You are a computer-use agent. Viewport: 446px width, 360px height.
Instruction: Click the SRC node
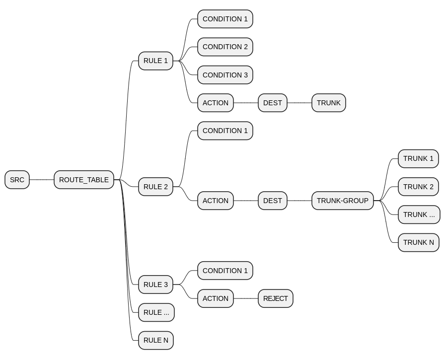(17, 180)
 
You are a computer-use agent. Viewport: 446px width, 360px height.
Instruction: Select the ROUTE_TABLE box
(83, 180)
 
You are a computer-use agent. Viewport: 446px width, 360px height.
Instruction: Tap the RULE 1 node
(155, 61)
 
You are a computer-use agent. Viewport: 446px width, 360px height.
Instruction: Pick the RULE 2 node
(155, 187)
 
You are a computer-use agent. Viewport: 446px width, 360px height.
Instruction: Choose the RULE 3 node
(155, 285)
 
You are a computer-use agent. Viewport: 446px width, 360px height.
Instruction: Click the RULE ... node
(156, 312)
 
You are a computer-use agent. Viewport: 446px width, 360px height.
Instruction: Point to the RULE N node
(155, 340)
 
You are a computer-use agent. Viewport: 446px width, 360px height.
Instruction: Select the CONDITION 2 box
(225, 47)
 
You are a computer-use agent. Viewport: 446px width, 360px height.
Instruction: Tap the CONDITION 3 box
(225, 75)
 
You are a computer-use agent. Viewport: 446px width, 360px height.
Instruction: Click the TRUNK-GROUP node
(342, 201)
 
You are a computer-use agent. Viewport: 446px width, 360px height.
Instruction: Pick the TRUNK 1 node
(418, 159)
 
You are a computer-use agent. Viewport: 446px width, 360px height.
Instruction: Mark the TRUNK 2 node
(418, 187)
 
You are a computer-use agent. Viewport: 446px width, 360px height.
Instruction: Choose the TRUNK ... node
(419, 215)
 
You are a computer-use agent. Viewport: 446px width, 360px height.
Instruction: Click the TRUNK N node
(418, 242)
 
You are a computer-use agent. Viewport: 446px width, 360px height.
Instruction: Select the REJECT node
(275, 298)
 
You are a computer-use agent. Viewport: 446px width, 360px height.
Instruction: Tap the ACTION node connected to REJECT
(215, 298)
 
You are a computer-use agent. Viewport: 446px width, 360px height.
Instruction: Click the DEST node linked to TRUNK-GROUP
(272, 201)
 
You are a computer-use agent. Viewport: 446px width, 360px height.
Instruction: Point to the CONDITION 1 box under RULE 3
(225, 271)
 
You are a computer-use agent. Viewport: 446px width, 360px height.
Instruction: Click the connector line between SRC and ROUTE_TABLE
(42, 180)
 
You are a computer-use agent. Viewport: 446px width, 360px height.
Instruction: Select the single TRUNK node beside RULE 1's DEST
(328, 103)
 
